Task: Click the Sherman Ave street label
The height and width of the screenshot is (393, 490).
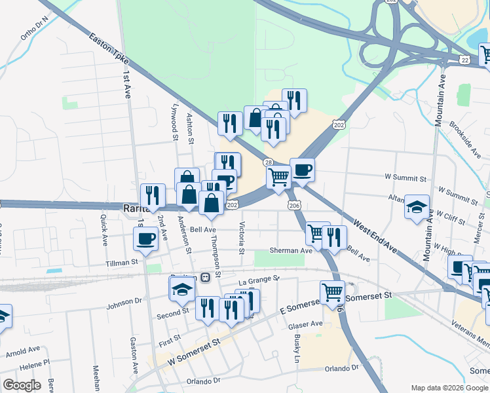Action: tap(290, 250)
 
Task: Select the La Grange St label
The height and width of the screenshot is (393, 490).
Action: tap(259, 280)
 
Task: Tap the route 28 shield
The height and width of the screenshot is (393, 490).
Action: tap(269, 162)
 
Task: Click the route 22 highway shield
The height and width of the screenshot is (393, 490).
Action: tap(464, 59)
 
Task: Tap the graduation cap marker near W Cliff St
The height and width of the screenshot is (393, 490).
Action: tap(417, 208)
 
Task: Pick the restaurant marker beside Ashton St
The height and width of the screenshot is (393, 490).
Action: tap(229, 123)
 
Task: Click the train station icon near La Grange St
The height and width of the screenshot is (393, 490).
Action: tap(205, 277)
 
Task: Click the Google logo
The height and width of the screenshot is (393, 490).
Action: tap(22, 385)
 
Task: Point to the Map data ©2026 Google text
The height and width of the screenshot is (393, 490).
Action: tap(449, 388)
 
